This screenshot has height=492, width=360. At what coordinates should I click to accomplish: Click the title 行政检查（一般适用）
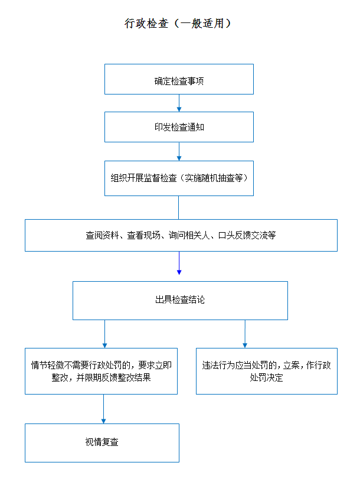coord(178,24)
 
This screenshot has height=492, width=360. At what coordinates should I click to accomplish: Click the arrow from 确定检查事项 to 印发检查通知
coord(179,103)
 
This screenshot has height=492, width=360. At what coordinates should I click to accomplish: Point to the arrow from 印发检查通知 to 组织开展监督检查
coord(179,152)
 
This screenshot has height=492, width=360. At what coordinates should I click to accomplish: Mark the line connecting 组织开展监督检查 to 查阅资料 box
coord(178,207)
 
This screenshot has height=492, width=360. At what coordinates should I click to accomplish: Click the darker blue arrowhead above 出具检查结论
coord(179,272)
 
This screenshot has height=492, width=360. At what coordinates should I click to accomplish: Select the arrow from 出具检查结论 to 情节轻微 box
coord(104,334)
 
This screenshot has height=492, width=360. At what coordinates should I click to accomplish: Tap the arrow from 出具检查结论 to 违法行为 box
coord(245,334)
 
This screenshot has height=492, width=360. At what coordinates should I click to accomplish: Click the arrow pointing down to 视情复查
coord(103,409)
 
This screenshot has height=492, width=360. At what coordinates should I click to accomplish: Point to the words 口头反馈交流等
coord(247,235)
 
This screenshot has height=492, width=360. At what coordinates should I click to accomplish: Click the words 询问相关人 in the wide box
coord(189,235)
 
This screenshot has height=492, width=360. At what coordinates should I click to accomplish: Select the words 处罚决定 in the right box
coord(267,377)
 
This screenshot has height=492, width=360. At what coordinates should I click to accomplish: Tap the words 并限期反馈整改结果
coord(113,377)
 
